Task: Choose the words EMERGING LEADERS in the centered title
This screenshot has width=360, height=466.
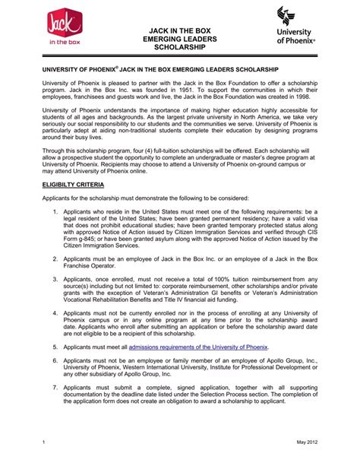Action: coord(180,37)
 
